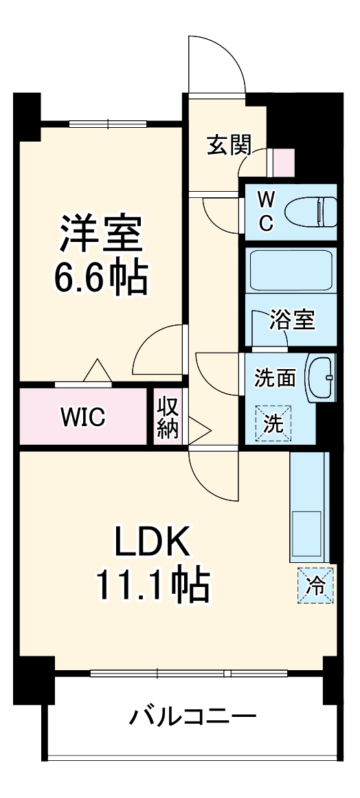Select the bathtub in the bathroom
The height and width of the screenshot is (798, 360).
pyautogui.click(x=290, y=271)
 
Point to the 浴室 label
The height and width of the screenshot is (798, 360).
pyautogui.click(x=292, y=320)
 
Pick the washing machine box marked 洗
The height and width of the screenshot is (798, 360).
pyautogui.click(x=274, y=421)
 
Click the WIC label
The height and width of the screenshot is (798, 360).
pyautogui.click(x=82, y=417)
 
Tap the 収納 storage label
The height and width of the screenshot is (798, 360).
pyautogui.click(x=167, y=417)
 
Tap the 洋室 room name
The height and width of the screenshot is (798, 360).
pyautogui.click(x=101, y=234)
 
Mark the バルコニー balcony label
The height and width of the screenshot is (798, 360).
pyautogui.click(x=193, y=718)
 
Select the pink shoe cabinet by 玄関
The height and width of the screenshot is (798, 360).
pyautogui.click(x=284, y=162)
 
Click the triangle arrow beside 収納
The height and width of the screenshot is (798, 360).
pyautogui.click(x=197, y=430)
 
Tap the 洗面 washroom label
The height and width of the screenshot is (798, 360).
pyautogui.click(x=275, y=377)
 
